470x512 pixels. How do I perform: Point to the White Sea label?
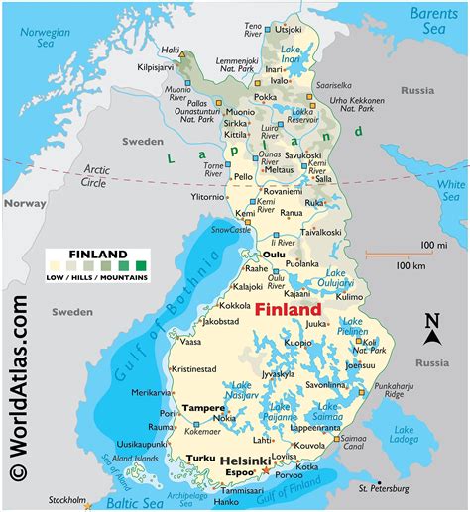click(x=451, y=190)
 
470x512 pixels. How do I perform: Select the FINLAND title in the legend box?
click(x=96, y=255)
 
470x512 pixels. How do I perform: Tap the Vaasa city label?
click(x=191, y=341)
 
